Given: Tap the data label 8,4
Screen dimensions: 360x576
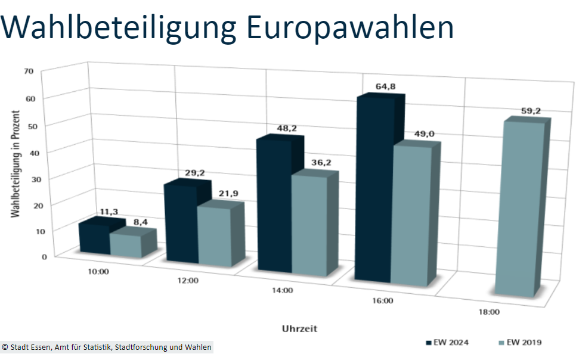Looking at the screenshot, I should tap(140, 222).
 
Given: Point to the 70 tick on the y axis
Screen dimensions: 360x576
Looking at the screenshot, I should tap(27, 71).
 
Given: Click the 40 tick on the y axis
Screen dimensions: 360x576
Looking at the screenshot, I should tap(27, 152).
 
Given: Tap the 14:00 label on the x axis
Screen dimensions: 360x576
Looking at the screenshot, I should tap(282, 291).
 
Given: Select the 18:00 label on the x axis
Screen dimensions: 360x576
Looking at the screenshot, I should tap(489, 312).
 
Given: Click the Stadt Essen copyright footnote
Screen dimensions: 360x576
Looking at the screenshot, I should tap(107, 347).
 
